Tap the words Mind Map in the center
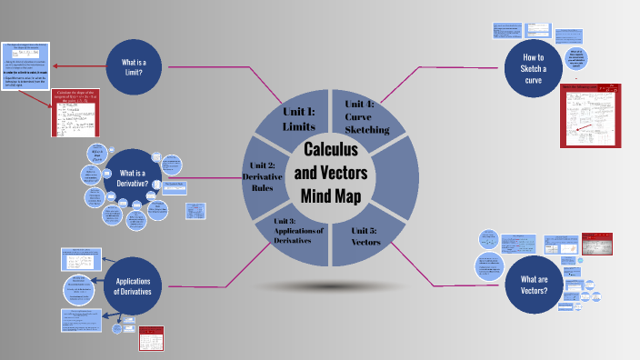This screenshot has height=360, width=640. (330, 195)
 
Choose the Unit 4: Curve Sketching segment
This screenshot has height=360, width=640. (365, 116)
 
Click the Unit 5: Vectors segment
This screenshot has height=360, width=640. (365, 242)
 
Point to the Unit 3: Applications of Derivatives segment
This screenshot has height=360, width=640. (298, 235)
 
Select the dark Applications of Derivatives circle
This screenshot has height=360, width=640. (138, 285)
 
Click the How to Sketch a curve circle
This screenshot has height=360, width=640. (533, 63)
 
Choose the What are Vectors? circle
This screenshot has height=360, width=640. (534, 285)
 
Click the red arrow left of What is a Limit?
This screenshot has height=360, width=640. (78, 66)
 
